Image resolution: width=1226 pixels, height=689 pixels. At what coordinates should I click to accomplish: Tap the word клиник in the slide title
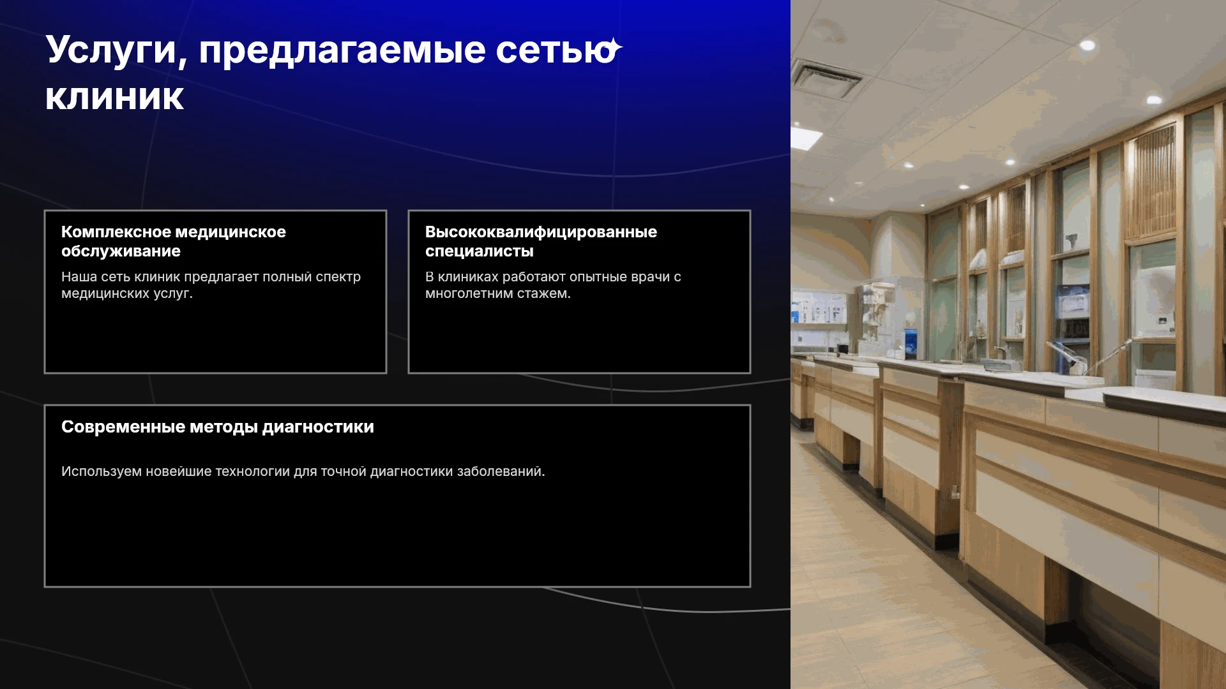[x=115, y=97]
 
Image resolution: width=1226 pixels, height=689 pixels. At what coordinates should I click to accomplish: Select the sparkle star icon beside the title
[x=613, y=48]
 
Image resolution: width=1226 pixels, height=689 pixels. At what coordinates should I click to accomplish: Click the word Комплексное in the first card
[x=116, y=232]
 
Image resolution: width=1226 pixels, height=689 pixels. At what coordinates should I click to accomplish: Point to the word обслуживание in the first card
[x=121, y=251]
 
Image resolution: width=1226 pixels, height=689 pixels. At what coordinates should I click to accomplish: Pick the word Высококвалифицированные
[x=541, y=232]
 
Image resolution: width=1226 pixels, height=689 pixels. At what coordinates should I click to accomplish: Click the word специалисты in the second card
[x=480, y=251]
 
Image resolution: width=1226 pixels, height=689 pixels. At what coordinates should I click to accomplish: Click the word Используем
[x=102, y=471]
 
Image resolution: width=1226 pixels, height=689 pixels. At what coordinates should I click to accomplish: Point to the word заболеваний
[x=501, y=471]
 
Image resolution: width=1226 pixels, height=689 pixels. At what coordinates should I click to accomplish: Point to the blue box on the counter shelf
[x=911, y=343]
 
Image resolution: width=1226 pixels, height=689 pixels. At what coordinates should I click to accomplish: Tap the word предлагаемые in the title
[x=342, y=51]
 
